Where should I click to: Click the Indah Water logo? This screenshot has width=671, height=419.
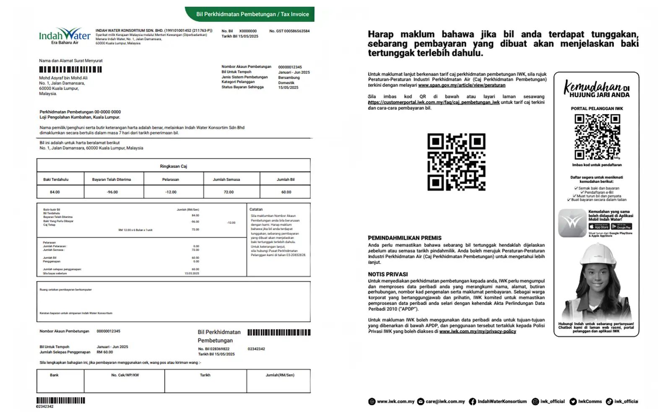click(65, 36)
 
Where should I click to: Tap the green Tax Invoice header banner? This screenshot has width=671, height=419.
click(252, 14)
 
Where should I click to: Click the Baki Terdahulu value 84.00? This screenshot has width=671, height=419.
click(55, 192)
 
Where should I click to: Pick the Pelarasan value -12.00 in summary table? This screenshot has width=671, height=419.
click(171, 192)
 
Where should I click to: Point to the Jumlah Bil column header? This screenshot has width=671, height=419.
click(286, 179)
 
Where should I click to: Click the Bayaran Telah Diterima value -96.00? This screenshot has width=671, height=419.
click(112, 192)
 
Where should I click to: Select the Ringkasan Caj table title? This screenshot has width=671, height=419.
click(173, 166)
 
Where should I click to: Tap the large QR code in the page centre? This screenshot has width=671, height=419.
click(456, 162)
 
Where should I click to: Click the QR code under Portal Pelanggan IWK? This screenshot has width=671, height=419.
click(597, 137)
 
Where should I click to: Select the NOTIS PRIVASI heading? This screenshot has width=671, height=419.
click(388, 274)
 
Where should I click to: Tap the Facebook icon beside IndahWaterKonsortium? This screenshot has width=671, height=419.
click(472, 401)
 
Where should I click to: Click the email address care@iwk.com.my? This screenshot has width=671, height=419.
click(445, 401)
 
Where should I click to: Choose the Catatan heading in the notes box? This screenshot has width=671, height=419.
click(256, 209)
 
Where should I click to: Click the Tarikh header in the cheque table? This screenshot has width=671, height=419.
click(205, 375)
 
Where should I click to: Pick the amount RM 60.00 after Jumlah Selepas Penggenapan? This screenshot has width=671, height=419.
click(105, 352)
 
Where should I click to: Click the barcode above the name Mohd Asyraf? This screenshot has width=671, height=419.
click(70, 70)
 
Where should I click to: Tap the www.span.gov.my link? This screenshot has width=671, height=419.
click(461, 85)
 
